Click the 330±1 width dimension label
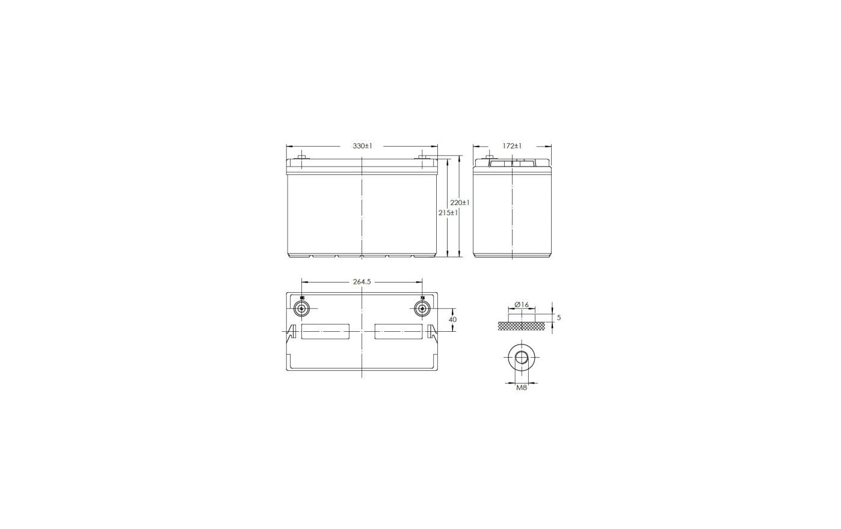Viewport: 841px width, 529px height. [362, 146]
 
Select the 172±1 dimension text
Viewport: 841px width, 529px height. [513, 146]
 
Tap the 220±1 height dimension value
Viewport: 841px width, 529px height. [460, 203]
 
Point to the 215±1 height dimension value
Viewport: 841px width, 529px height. [448, 213]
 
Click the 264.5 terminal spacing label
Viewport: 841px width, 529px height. [362, 281]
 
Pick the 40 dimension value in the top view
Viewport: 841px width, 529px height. [452, 320]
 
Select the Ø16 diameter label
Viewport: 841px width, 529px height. [522, 305]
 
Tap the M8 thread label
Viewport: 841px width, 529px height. [522, 388]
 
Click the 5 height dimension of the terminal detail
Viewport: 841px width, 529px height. [559, 317]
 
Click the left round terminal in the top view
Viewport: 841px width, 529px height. [301, 308]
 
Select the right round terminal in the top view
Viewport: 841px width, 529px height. [422, 308]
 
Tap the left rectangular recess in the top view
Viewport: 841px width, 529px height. [325, 331]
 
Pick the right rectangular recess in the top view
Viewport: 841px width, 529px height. [398, 331]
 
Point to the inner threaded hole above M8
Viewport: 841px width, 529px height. [522, 359]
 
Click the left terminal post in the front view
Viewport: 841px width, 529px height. [301, 159]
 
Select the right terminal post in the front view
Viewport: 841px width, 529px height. [422, 159]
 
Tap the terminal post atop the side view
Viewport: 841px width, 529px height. [488, 159]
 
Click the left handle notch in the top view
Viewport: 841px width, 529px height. [291, 331]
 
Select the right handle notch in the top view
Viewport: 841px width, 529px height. [433, 331]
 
